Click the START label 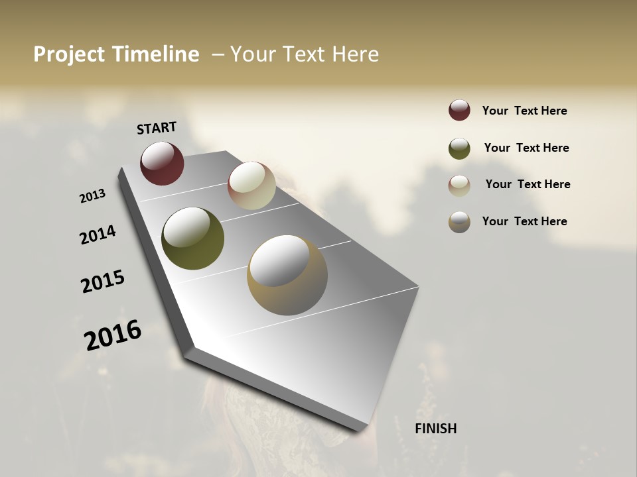(x=157, y=128)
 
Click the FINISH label (x=435, y=429)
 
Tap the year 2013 (x=92, y=196)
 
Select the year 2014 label (x=98, y=235)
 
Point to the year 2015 (x=103, y=282)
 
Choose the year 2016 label (x=113, y=335)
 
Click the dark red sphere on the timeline (x=162, y=163)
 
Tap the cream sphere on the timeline (x=251, y=185)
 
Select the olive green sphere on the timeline (x=192, y=238)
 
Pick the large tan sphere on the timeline (x=287, y=275)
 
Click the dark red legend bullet (x=459, y=111)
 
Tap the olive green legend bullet (x=459, y=148)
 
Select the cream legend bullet (x=459, y=185)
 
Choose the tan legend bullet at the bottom (x=459, y=222)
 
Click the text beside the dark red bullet (x=524, y=111)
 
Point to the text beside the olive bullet (x=526, y=148)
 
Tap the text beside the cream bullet (x=528, y=184)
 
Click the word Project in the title (x=70, y=54)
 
